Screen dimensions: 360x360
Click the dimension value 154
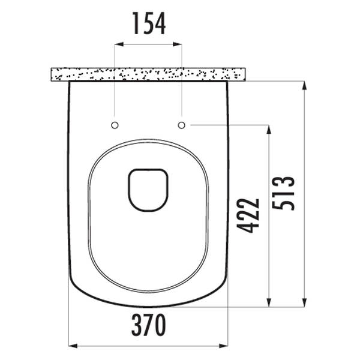pos(149,23)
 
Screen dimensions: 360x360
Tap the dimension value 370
pos(149,325)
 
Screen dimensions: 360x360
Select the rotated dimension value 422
pos(248,215)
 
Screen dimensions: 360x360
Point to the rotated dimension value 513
pos(283,193)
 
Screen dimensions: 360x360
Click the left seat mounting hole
pos(115,125)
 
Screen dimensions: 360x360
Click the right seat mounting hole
pos(182,125)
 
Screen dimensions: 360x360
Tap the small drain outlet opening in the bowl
pos(148,190)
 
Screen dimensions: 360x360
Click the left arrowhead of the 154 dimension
pos(119,44)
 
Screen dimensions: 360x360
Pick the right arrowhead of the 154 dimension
pos(178,44)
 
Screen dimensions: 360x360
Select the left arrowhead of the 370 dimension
pos(73,346)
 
